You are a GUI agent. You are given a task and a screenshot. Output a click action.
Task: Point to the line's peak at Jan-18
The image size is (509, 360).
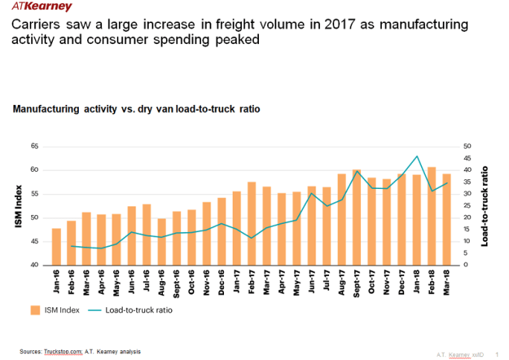coord(417,156)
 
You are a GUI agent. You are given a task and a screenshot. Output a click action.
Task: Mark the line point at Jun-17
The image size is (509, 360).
coord(312,193)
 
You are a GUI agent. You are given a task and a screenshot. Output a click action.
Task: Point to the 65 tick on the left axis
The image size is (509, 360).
coord(34,147)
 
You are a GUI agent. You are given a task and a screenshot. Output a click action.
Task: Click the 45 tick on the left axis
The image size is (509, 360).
coord(34,242)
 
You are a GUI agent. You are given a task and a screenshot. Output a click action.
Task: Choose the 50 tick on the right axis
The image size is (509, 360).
coord(467,147)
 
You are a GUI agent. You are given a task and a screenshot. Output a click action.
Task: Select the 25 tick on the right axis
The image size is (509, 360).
coord(467,206)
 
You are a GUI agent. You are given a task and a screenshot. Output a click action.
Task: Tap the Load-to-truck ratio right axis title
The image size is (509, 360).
coord(486,206)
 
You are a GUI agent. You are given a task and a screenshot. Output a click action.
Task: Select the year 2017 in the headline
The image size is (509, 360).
coord(337,25)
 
